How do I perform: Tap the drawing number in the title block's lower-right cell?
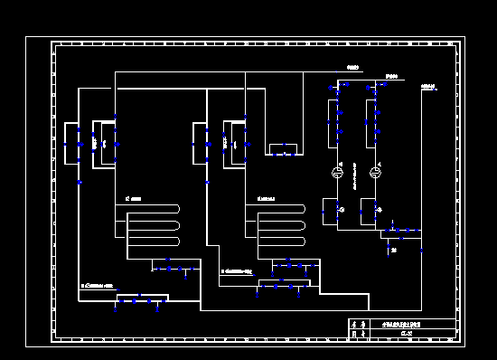(407, 335)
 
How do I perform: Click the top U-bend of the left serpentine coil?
(177, 209)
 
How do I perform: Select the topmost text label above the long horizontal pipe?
(353, 68)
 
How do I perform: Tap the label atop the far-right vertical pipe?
(428, 88)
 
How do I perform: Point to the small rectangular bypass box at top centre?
(282, 148)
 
